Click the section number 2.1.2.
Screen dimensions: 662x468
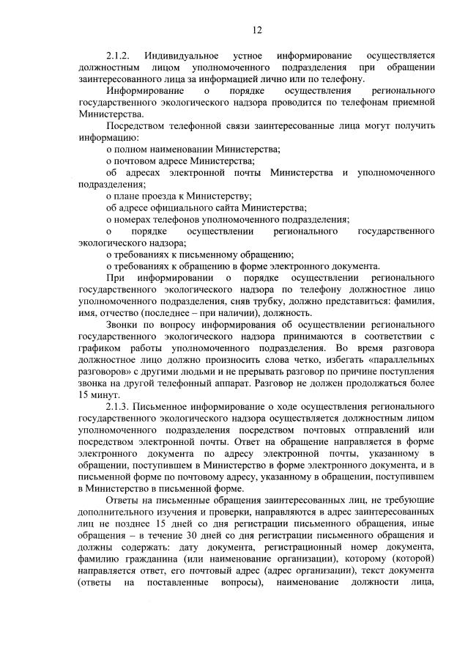pos(118,56)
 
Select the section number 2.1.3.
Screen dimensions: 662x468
pos(118,405)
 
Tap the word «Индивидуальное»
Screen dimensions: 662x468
pos(179,56)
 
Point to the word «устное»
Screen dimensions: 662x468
pos(247,56)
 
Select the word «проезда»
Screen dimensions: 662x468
pos(157,196)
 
